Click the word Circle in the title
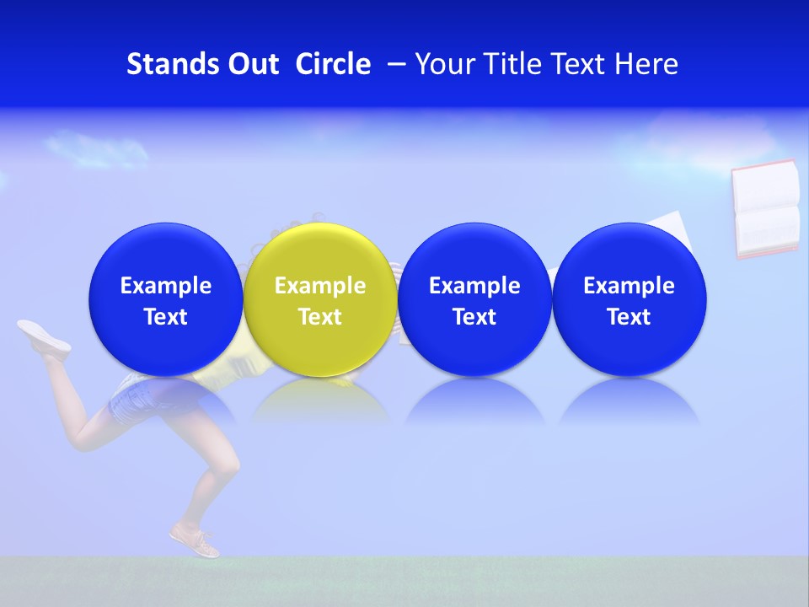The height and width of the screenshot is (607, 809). tap(333, 64)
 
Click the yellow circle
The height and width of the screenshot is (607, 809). tap(320, 300)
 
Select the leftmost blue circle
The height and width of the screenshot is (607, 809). tap(166, 300)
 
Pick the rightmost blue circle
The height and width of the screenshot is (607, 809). tap(630, 300)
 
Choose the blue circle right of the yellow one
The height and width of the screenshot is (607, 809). tap(474, 300)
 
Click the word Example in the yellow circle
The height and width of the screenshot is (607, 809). tap(320, 286)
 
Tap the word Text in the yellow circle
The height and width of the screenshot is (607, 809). tap(320, 317)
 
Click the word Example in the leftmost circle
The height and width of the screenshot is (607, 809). tap(166, 286)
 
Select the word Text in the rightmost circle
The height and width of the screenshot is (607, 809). tap(630, 317)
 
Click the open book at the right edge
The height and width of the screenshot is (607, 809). tap(765, 209)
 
